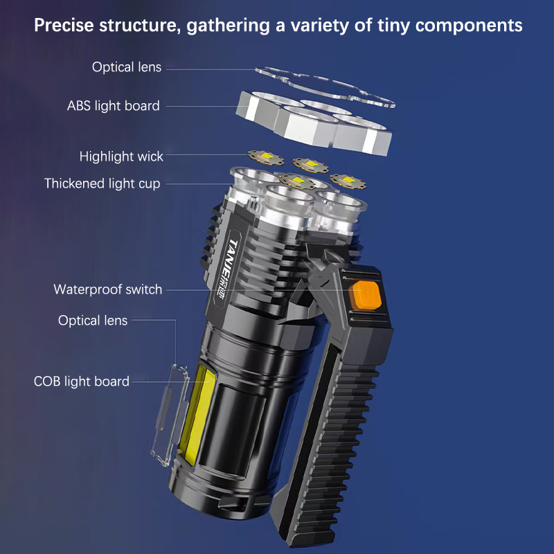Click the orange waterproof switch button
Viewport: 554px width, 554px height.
[x=366, y=295]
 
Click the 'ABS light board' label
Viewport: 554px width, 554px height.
[x=114, y=106]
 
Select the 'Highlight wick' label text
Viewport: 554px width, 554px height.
[x=121, y=157]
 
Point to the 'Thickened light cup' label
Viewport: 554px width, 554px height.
[x=102, y=184]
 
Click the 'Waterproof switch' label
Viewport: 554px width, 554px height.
[x=108, y=289]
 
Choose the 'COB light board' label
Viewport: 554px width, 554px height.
[x=82, y=382]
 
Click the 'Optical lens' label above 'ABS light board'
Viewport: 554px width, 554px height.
[x=127, y=67]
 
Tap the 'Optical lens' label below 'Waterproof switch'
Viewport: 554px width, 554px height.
[x=93, y=321]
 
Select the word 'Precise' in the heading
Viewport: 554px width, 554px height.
[x=64, y=26]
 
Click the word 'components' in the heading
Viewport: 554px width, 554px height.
[x=469, y=26]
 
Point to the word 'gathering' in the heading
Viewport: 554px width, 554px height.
[x=229, y=26]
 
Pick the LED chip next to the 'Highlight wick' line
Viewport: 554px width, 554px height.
[x=266, y=157]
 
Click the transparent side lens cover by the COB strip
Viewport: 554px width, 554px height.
[x=170, y=415]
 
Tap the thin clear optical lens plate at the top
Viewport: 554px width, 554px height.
[x=325, y=86]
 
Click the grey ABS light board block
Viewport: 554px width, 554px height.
[x=314, y=123]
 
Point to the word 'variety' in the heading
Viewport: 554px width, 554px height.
[x=320, y=26]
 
